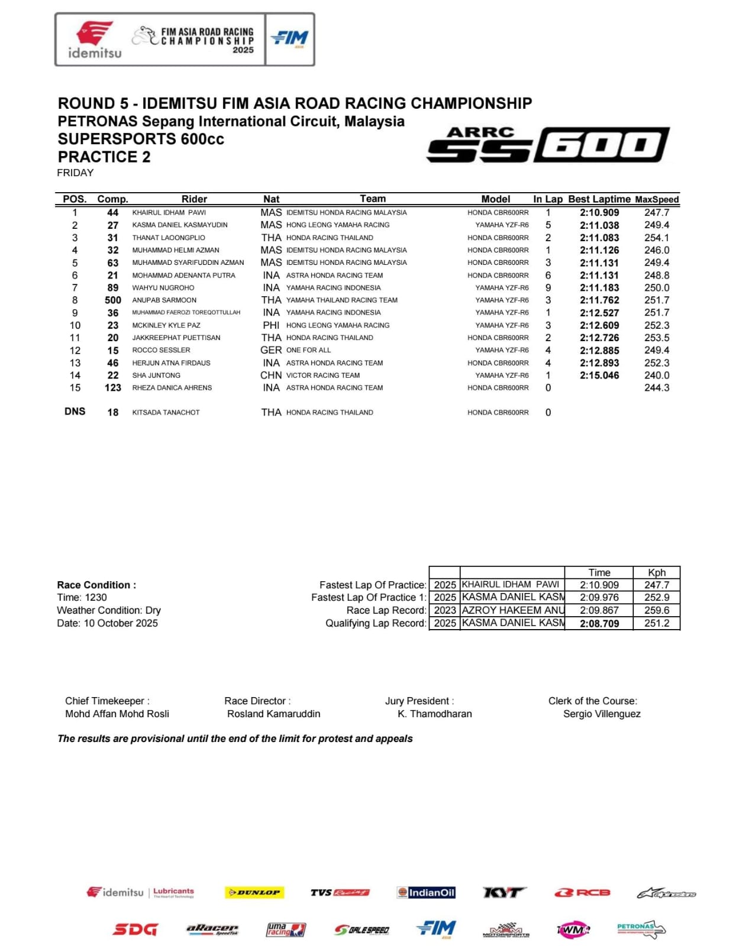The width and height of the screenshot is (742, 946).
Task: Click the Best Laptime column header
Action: click(x=599, y=199)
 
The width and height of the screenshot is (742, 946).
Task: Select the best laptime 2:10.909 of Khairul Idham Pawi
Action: click(x=599, y=213)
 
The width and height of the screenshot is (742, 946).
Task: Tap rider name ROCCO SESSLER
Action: click(x=161, y=350)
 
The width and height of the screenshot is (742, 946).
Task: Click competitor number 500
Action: click(x=112, y=300)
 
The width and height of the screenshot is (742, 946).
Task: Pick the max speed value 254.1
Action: click(x=657, y=238)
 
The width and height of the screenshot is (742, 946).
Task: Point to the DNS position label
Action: click(x=75, y=412)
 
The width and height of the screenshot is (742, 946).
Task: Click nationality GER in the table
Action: click(x=271, y=350)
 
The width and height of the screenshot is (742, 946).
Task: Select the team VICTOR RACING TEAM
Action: click(x=322, y=375)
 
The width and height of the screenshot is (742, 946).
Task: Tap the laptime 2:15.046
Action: click(x=599, y=375)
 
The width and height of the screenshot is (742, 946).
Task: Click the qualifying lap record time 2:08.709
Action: click(x=599, y=623)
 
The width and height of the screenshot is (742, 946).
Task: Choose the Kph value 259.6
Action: click(x=657, y=610)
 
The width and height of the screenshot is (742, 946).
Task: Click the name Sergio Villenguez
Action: click(x=602, y=714)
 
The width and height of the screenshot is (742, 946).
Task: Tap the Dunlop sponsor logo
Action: click(x=254, y=892)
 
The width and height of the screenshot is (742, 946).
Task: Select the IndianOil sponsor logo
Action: click(x=426, y=892)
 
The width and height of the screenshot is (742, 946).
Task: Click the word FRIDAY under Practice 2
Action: click(x=75, y=173)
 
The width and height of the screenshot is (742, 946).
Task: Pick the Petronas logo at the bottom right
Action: click(x=640, y=929)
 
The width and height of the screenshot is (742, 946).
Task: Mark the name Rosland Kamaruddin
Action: click(x=273, y=714)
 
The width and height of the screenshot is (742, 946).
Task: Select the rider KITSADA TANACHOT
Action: click(x=166, y=413)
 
